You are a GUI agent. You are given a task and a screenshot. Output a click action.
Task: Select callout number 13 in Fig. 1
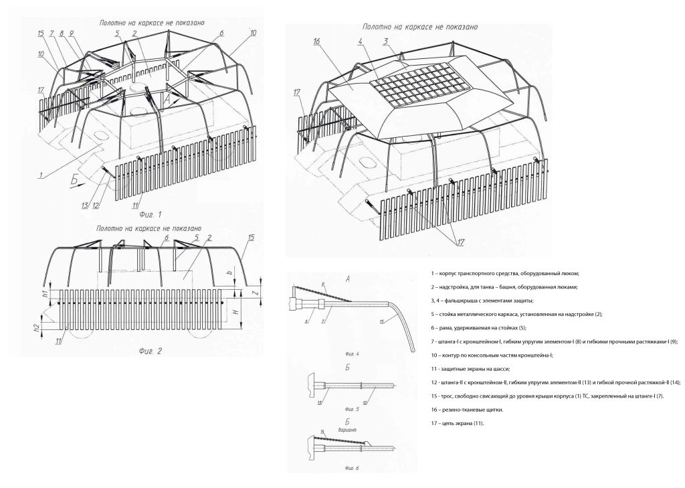pos(85,205)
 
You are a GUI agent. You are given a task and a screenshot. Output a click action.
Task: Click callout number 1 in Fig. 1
pos(41,176)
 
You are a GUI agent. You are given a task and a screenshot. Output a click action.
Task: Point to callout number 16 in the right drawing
pos(316,43)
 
